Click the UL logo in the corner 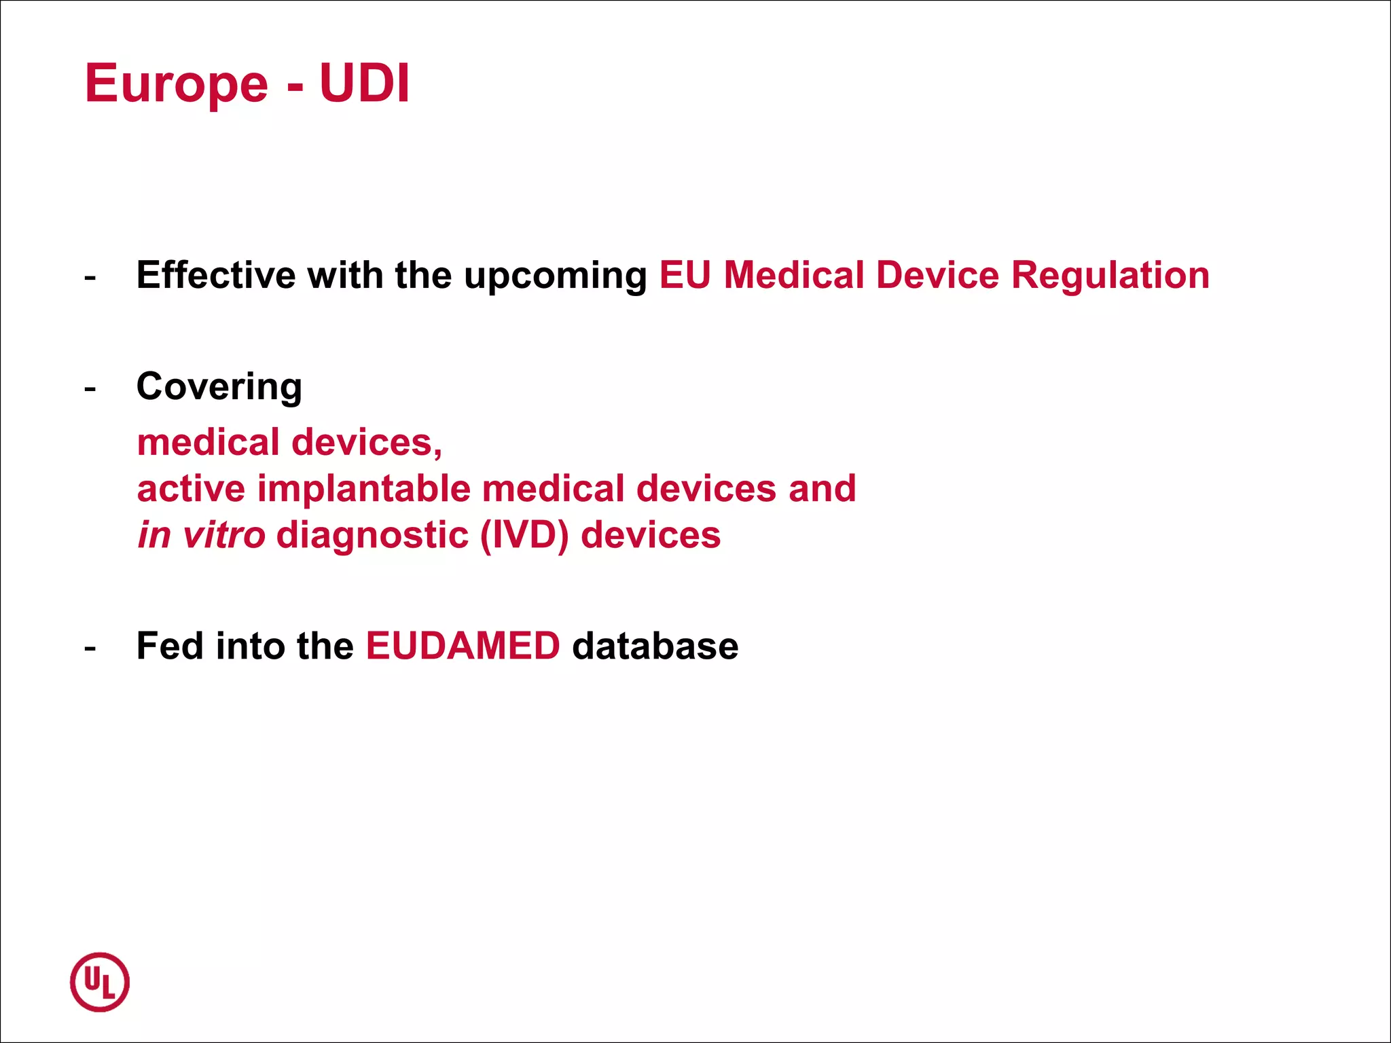(100, 982)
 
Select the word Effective (215, 275)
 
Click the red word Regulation (1110, 276)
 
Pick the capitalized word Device (937, 275)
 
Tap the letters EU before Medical (685, 275)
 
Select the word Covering (219, 387)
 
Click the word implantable (364, 489)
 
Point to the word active (191, 489)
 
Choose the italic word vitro (223, 535)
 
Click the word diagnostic (372, 536)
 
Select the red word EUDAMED (463, 646)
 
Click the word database (655, 646)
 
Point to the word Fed (170, 646)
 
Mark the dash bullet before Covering (90, 389)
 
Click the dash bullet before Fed (90, 648)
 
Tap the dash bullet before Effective (90, 278)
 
